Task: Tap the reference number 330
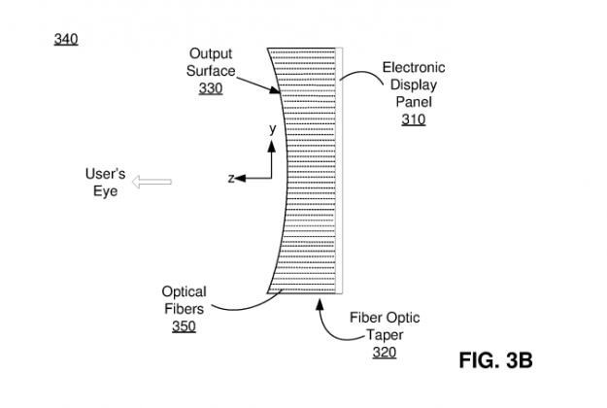tap(210, 88)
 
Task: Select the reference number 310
tap(414, 119)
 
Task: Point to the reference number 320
tap(384, 353)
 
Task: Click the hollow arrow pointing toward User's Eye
tap(154, 182)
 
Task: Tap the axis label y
tap(273, 128)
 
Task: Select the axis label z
tap(231, 179)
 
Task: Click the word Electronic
tap(414, 67)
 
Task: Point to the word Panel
tap(414, 102)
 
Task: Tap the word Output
tap(210, 53)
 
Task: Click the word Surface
tap(210, 71)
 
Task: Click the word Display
tap(414, 85)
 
